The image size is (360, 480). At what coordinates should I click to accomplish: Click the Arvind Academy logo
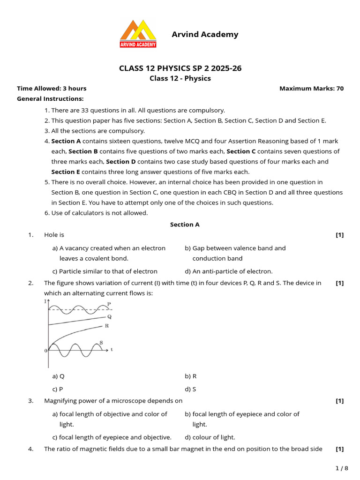pyautogui.click(x=138, y=34)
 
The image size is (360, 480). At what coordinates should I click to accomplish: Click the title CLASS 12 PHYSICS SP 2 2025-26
pyautogui.click(x=180, y=68)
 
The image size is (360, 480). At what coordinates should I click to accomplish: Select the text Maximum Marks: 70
pyautogui.click(x=311, y=88)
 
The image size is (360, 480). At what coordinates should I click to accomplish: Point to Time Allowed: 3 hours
pyautogui.click(x=52, y=88)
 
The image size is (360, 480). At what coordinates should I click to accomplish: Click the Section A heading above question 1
pyautogui.click(x=185, y=225)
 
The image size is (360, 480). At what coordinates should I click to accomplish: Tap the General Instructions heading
pyautogui.click(x=50, y=98)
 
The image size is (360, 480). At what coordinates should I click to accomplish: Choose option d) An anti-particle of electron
pyautogui.click(x=228, y=271)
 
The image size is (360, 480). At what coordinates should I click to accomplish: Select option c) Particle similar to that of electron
pyautogui.click(x=105, y=271)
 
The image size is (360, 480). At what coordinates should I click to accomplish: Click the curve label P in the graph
pyautogui.click(x=109, y=304)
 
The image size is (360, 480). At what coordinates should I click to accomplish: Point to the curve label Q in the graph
pyautogui.click(x=109, y=316)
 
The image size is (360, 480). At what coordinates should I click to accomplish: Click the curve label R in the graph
pyautogui.click(x=107, y=325)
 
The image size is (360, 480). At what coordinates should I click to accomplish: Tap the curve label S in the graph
pyautogui.click(x=101, y=343)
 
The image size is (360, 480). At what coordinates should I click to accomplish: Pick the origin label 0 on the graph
pyautogui.click(x=45, y=351)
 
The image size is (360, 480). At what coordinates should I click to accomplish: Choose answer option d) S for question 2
pyautogui.click(x=190, y=389)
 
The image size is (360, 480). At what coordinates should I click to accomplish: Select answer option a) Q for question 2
pyautogui.click(x=58, y=376)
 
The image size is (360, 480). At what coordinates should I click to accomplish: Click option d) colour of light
pyautogui.click(x=210, y=437)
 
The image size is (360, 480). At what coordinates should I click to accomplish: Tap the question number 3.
pyautogui.click(x=30, y=401)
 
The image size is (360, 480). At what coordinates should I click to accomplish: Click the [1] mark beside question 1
pyautogui.click(x=339, y=235)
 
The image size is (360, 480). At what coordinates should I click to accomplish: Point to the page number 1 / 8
pyautogui.click(x=342, y=468)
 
